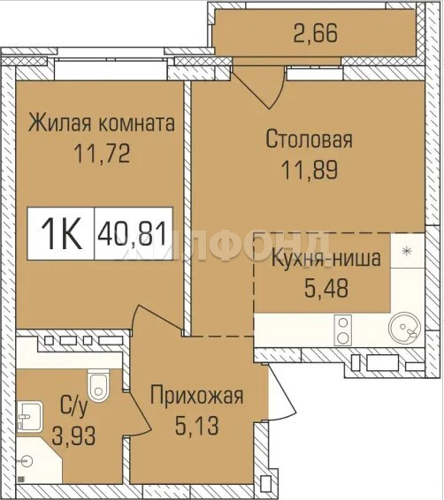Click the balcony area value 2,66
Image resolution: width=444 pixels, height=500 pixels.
tap(315, 33)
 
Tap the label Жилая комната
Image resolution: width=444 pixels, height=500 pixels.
tap(102, 123)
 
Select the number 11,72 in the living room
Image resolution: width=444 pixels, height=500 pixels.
tap(102, 154)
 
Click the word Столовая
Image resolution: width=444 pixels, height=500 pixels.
tap(309, 139)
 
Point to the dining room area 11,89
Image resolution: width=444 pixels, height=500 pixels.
tap(310, 170)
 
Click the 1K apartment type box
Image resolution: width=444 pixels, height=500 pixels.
tap(61, 233)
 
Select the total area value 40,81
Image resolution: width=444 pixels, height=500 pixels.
tap(133, 233)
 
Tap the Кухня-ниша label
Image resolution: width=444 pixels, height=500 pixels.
tap(326, 258)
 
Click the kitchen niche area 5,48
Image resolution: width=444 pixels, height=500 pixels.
tap(326, 288)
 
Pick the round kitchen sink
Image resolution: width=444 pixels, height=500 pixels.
tap(404, 328)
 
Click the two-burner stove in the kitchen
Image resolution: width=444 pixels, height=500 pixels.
tap(343, 330)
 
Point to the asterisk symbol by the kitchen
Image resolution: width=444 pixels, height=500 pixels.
tap(406, 251)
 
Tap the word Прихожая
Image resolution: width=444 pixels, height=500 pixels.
tap(196, 396)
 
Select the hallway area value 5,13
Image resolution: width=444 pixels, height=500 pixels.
tap(196, 426)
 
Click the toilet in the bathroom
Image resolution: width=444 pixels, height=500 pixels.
tap(98, 385)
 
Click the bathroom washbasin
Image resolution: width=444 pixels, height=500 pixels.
tap(30, 416)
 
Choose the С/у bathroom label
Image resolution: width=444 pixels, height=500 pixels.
tap(73, 407)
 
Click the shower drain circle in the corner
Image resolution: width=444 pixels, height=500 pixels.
tap(27, 460)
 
